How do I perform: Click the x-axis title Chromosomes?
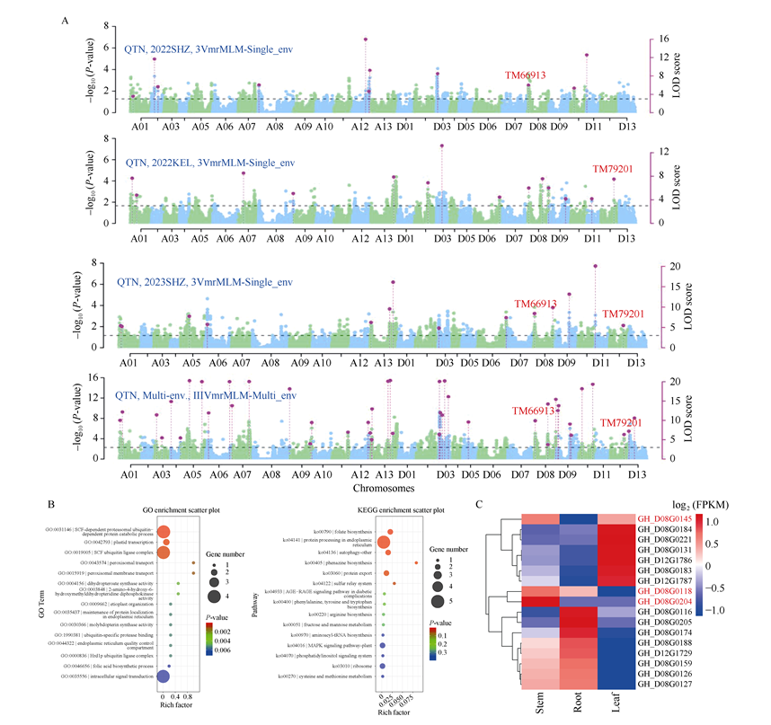tap(378, 490)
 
